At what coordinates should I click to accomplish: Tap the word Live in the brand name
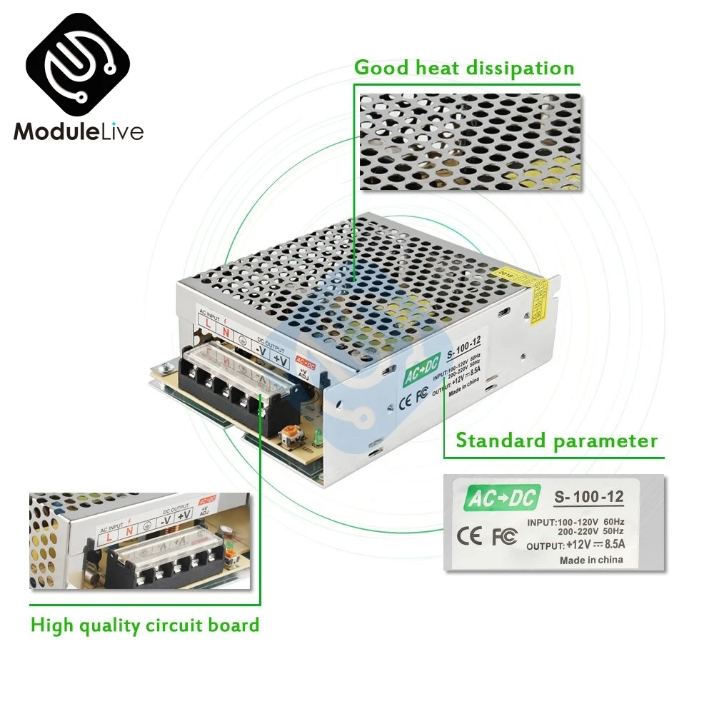click(x=119, y=132)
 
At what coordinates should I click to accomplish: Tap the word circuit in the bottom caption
click(x=171, y=625)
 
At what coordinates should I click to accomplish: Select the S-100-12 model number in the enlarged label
click(x=589, y=497)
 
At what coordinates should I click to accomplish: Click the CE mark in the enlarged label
click(x=471, y=536)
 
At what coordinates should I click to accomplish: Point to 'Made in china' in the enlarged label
click(x=590, y=560)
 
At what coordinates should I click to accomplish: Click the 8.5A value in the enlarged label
click(x=610, y=545)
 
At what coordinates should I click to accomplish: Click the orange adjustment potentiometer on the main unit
click(x=291, y=433)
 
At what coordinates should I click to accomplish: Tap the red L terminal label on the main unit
click(x=207, y=324)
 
